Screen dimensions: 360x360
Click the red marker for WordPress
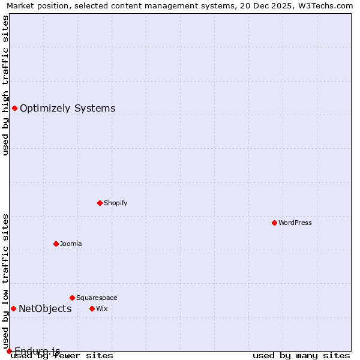click(x=274, y=223)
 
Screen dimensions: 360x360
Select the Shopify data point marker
click(x=100, y=203)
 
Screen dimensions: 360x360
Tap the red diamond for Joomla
click(x=56, y=244)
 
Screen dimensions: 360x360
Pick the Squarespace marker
click(x=72, y=298)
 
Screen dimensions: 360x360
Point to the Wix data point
click(x=92, y=308)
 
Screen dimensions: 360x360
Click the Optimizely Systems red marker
click(x=14, y=108)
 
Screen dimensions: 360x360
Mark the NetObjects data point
click(x=13, y=308)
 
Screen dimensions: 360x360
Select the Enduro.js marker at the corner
click(x=9, y=351)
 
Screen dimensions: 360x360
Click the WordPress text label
click(x=295, y=223)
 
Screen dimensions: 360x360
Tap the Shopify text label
click(x=116, y=203)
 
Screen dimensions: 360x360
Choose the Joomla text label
click(x=71, y=244)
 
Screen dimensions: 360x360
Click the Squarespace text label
click(x=97, y=298)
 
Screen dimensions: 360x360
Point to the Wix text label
click(x=102, y=308)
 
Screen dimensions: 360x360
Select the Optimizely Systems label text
click(x=68, y=109)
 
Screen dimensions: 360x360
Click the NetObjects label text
click(x=45, y=309)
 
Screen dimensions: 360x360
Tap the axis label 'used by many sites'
click(x=301, y=356)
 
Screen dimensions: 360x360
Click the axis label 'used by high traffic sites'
click(x=5, y=85)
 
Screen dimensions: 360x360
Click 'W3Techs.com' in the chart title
click(x=328, y=5)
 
